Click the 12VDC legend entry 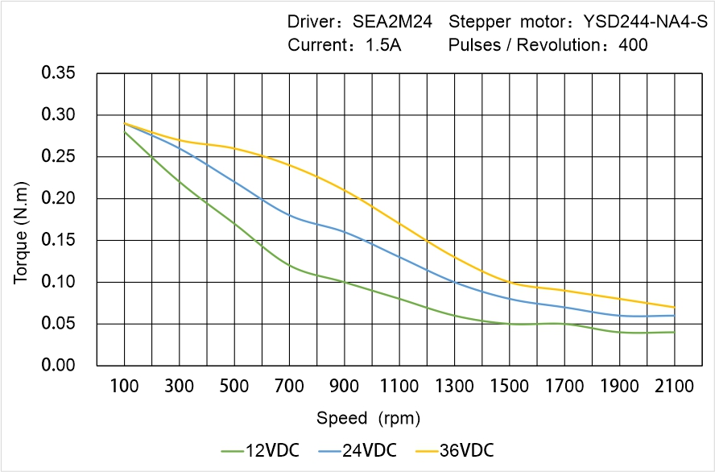click(x=260, y=449)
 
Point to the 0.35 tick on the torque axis click(x=58, y=74)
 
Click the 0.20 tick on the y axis click(x=58, y=199)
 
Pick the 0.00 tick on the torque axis click(x=58, y=366)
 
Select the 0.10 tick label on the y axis click(x=58, y=282)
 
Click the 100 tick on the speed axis click(x=124, y=387)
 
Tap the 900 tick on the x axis click(x=344, y=387)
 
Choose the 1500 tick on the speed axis click(x=509, y=387)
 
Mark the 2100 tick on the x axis click(x=674, y=387)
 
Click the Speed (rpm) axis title click(x=368, y=418)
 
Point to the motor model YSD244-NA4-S click(x=636, y=22)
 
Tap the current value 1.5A click(x=382, y=45)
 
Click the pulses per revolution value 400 click(x=633, y=45)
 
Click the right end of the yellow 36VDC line click(x=674, y=307)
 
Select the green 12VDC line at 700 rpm click(x=289, y=265)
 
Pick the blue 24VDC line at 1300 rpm click(x=454, y=282)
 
